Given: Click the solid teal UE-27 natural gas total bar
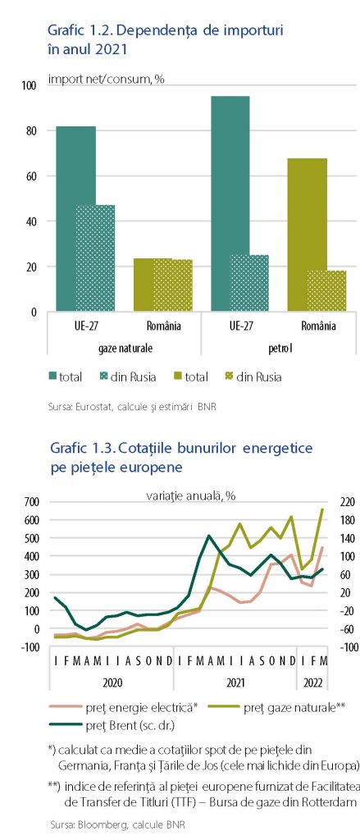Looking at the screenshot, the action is tap(76, 218).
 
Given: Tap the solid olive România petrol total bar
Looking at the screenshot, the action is tap(307, 235).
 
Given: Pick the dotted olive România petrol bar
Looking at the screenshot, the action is tap(326, 291).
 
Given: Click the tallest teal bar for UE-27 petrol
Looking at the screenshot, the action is tap(230, 203).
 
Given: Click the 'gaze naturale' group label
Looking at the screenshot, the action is tap(125, 348).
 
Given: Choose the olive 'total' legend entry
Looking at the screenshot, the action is tap(190, 377).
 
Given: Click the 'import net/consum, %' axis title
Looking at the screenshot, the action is tap(106, 80).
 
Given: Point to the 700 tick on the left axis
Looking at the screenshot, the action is tap(33, 501).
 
